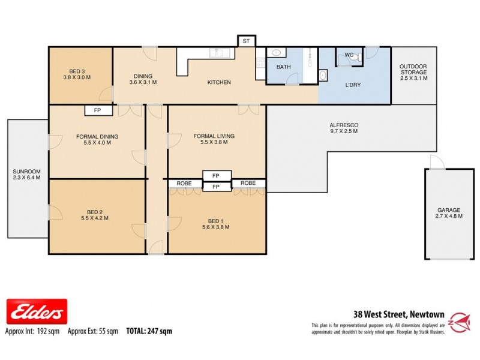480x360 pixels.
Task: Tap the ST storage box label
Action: pos(246,41)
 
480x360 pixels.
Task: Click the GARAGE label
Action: pos(449,210)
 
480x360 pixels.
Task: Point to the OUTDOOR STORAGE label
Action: pos(413,69)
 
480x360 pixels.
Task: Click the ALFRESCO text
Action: pos(343,126)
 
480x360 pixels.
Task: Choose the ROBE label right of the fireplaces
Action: pos(248,182)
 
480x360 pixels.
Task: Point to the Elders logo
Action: pos(36,312)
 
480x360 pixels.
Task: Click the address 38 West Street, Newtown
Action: pos(398,314)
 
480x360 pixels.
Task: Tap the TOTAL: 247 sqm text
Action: pos(149,331)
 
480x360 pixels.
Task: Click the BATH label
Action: pos(284,67)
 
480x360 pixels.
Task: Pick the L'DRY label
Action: pos(352,85)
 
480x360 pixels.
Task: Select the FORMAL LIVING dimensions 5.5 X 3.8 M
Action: pos(214,143)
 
